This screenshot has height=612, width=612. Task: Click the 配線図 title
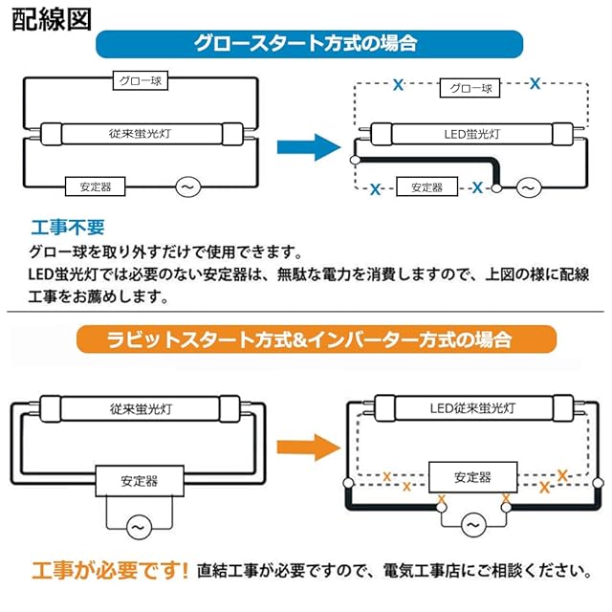pyautogui.click(x=53, y=20)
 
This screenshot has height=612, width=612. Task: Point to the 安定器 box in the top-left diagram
pyautogui.click(x=94, y=186)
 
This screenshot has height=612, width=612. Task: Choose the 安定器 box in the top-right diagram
pyautogui.click(x=426, y=187)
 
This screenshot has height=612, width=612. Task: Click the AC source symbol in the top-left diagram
pyautogui.click(x=187, y=186)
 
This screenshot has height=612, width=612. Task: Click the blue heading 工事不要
pyautogui.click(x=68, y=229)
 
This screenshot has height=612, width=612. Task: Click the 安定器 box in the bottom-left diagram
pyautogui.click(x=134, y=479)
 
